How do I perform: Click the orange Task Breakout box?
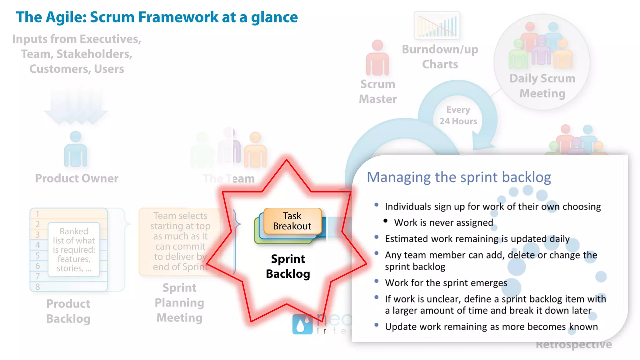click(x=292, y=221)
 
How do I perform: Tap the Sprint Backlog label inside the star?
click(x=288, y=266)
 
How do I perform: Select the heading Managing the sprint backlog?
click(x=458, y=177)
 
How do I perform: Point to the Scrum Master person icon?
click(x=377, y=58)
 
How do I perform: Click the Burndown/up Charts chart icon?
click(x=437, y=25)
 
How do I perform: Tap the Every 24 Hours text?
click(x=458, y=116)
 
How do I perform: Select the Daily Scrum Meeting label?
click(x=542, y=86)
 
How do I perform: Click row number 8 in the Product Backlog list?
click(x=37, y=287)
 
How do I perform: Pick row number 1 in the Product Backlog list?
click(x=37, y=214)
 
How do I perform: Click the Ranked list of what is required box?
click(x=74, y=249)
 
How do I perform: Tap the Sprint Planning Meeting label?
click(x=179, y=302)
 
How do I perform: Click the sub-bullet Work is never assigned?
click(x=443, y=222)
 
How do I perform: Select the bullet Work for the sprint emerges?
click(x=446, y=283)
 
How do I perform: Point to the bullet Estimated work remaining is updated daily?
click(x=477, y=239)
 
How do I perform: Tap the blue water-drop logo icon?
click(x=302, y=324)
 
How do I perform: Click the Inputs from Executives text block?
click(x=77, y=54)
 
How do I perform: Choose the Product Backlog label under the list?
click(x=68, y=311)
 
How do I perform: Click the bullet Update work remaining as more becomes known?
click(x=491, y=327)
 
